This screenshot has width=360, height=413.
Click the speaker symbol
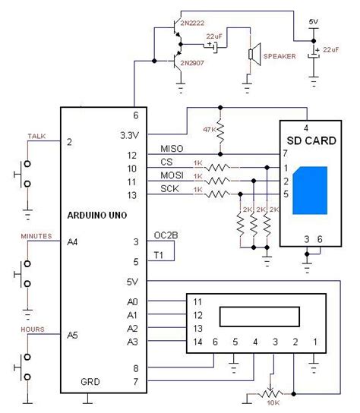(251, 55)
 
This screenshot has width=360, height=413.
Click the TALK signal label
(36, 136)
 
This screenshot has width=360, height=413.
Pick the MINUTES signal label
(36, 236)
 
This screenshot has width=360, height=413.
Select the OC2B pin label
(165, 235)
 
